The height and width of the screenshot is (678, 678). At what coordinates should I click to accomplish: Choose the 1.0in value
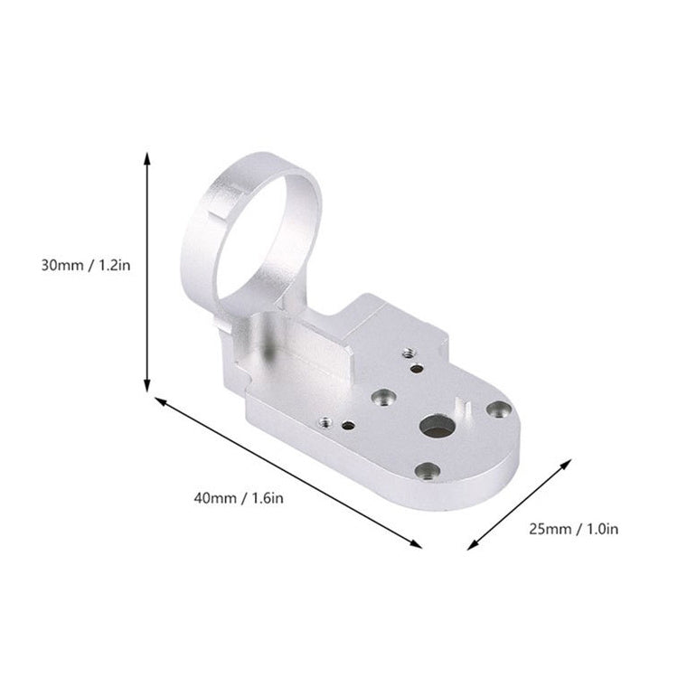(x=599, y=529)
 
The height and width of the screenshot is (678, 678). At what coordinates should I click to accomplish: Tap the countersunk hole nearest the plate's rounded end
(x=494, y=410)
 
